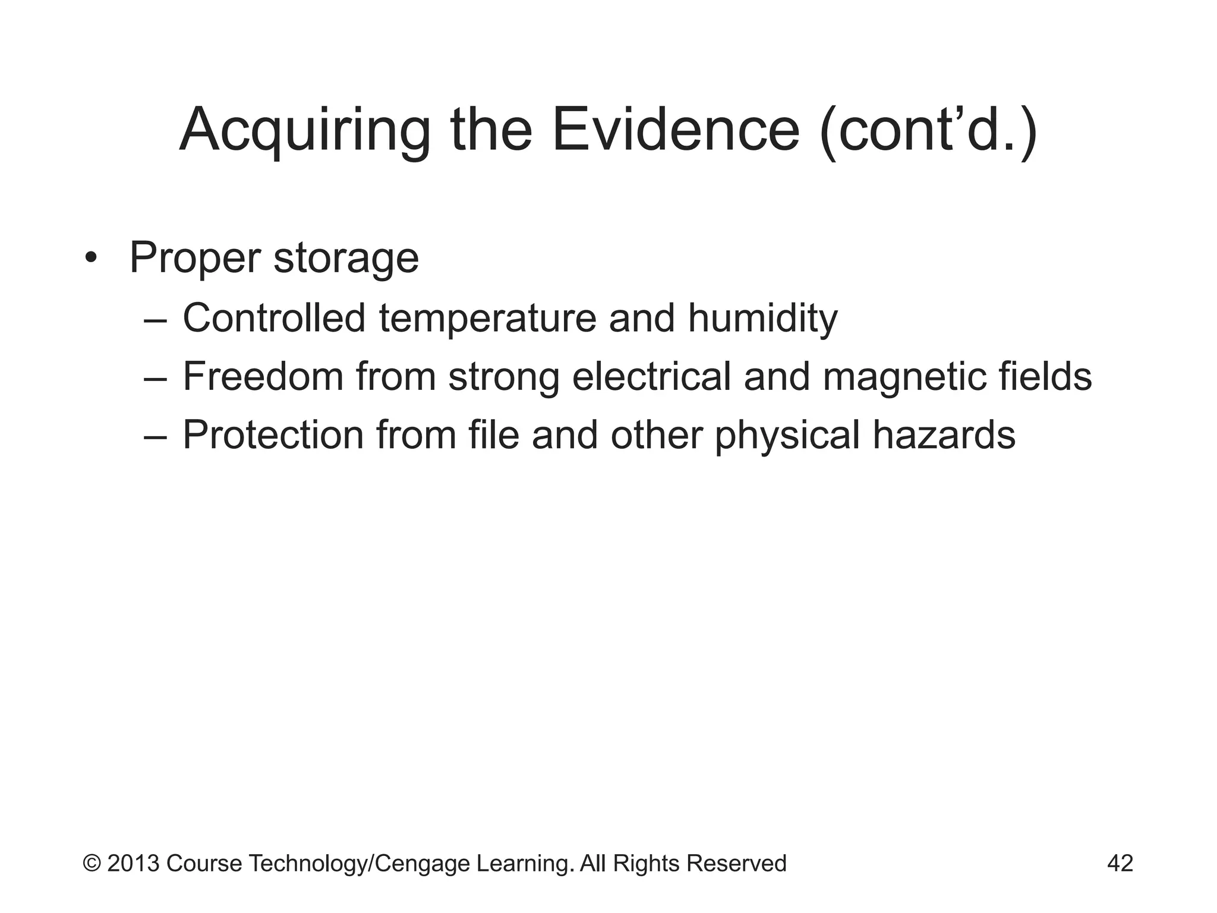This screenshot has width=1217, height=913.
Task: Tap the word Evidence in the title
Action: click(x=676, y=130)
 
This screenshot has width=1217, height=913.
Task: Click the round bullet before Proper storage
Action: click(x=90, y=259)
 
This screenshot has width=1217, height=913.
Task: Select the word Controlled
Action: click(x=274, y=318)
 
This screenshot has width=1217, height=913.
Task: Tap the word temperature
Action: click(x=487, y=318)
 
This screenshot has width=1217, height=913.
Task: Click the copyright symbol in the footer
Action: click(x=92, y=863)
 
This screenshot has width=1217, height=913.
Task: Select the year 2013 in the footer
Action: click(x=134, y=863)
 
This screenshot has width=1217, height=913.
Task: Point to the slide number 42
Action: click(x=1120, y=863)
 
